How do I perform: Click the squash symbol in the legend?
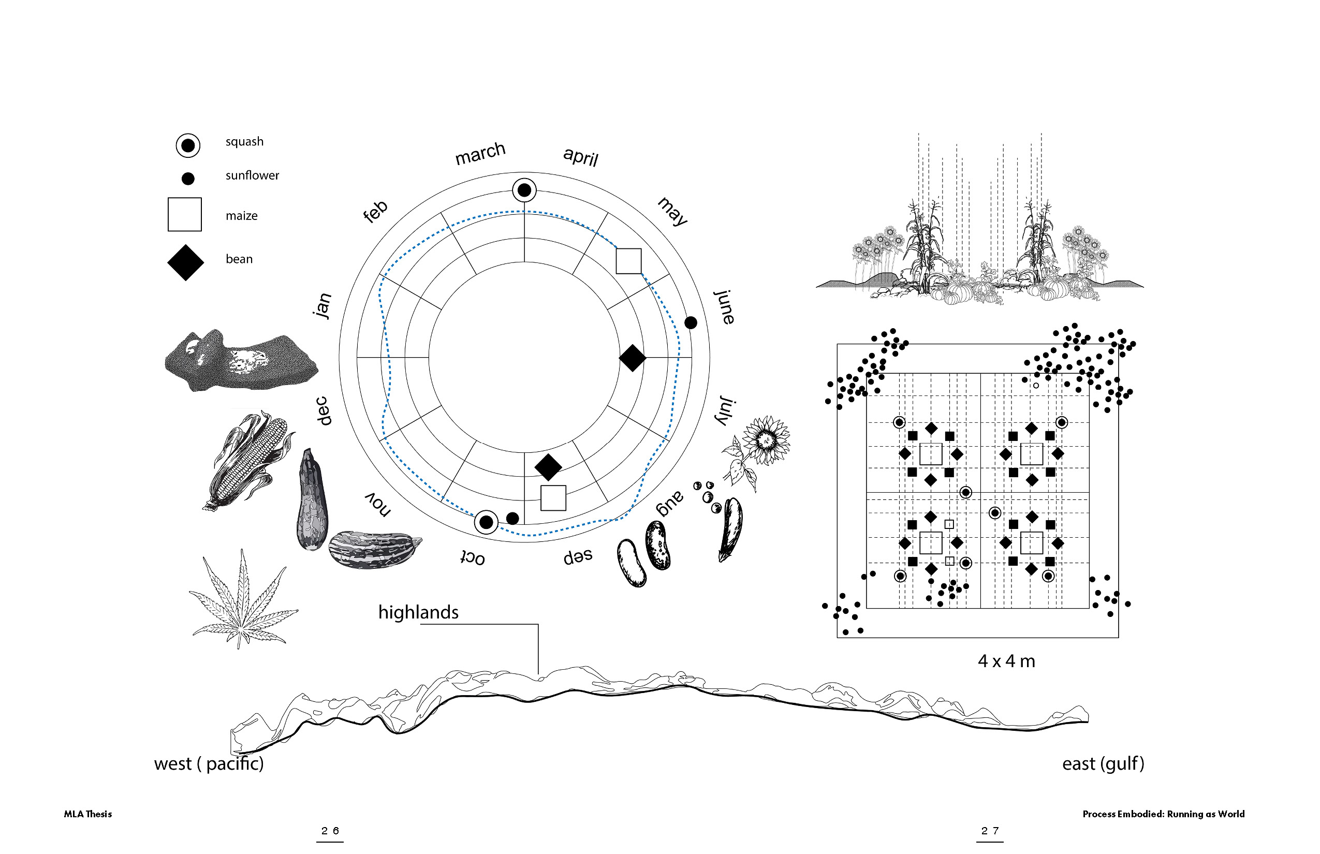tap(187, 145)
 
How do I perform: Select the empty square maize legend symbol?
tap(185, 215)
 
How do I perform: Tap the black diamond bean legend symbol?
tap(186, 263)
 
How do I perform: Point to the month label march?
tap(480, 153)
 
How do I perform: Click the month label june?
tap(724, 306)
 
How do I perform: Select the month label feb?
tap(375, 211)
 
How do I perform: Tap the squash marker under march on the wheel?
tap(524, 190)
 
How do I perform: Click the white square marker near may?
tap(628, 261)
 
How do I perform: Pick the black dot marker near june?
tap(691, 323)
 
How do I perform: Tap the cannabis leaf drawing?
tap(242, 601)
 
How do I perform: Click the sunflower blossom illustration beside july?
tap(766, 440)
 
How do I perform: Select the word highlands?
tap(418, 613)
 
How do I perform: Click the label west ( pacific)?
tap(209, 764)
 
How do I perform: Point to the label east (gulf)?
tap(1103, 764)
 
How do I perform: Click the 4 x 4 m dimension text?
tap(1006, 661)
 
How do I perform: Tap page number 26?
tap(330, 831)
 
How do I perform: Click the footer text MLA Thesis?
tap(87, 814)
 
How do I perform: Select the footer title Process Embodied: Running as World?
tap(1163, 814)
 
